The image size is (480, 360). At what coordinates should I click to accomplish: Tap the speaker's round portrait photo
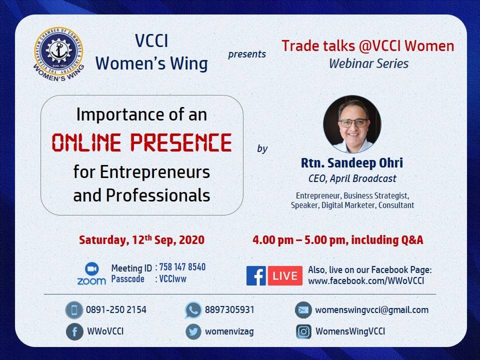point(352,124)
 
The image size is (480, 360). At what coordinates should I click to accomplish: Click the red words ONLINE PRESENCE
point(142,142)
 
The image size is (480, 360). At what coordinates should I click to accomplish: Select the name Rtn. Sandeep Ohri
point(352,163)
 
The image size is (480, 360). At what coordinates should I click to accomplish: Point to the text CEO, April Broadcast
point(352,179)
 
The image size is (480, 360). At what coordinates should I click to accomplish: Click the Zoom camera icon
point(92,268)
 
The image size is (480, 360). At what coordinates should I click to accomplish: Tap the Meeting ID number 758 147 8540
point(182,267)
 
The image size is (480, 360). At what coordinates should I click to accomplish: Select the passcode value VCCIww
point(173,279)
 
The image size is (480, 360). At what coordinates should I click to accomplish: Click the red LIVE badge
point(285,276)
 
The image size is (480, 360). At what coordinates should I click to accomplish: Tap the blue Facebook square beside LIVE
point(256,276)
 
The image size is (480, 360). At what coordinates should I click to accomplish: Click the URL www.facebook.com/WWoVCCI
point(366,281)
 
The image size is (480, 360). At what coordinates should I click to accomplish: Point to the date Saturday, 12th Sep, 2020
point(142,240)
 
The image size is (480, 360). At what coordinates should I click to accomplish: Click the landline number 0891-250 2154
point(116,310)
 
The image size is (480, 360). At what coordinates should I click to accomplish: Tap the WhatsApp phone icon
point(193,310)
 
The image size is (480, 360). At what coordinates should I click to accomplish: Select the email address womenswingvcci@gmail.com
point(372,310)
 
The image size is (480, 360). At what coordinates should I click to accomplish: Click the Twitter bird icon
point(193,332)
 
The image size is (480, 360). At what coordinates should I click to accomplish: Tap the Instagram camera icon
point(304,332)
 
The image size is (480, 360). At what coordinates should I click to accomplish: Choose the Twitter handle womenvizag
point(229,332)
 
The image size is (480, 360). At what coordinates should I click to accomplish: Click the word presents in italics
point(247,54)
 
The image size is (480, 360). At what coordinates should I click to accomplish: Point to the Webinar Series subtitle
point(369,64)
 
